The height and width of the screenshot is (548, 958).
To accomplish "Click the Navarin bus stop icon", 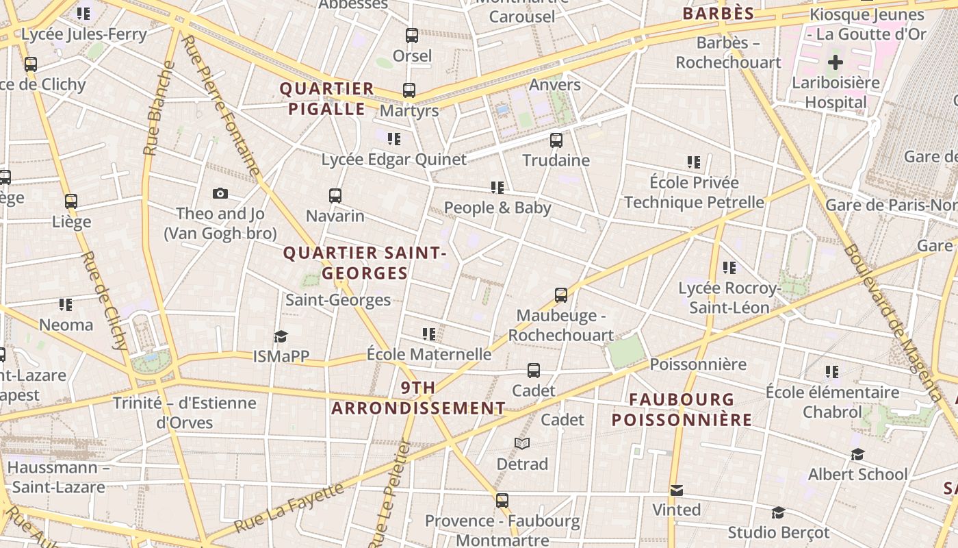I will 335,196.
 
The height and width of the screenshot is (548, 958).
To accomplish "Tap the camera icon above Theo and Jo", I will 220,194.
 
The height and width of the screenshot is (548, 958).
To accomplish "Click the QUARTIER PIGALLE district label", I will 327,99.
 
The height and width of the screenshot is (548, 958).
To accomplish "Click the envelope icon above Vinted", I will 677,490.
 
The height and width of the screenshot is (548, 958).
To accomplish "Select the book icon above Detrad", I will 522,444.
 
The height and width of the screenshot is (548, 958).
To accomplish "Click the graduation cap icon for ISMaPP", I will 281,336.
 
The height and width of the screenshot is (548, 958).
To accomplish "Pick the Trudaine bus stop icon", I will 556,140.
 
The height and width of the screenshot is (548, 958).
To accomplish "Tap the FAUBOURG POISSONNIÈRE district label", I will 682,410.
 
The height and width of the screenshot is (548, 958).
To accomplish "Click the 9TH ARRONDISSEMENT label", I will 418,398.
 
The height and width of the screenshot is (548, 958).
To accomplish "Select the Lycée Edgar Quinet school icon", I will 394,139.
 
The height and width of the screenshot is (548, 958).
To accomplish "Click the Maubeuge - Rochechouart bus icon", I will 561,295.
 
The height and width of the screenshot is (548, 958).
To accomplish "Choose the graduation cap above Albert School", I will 857,454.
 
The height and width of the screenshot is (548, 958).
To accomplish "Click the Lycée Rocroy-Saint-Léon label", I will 729,298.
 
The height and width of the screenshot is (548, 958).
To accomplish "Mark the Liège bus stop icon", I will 71,201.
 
